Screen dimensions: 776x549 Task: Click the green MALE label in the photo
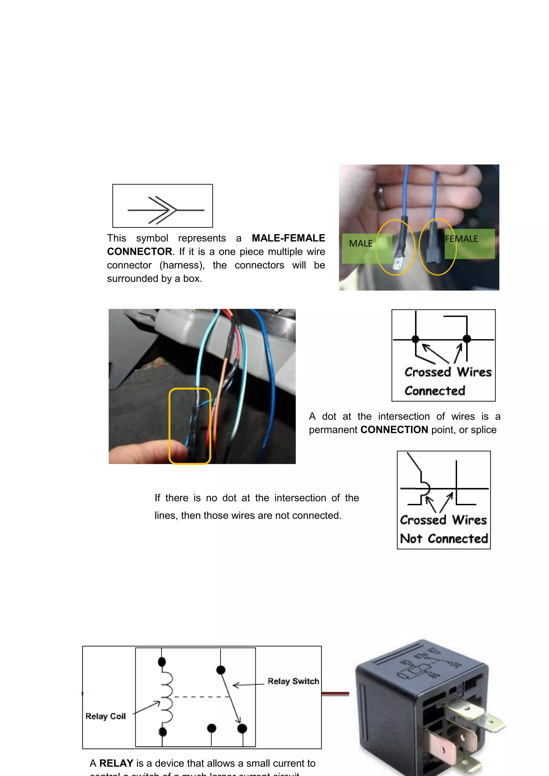[x=361, y=244]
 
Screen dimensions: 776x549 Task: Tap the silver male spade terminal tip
[x=398, y=264]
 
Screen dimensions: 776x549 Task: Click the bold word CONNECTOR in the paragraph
[x=140, y=251]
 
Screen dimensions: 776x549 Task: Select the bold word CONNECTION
[x=394, y=430]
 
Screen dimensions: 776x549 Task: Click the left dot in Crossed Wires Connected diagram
[x=416, y=339]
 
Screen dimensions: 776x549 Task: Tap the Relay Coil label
[x=105, y=716]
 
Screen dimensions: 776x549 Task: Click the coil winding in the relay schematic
[x=167, y=697]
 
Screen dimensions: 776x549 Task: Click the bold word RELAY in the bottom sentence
[x=116, y=763]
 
